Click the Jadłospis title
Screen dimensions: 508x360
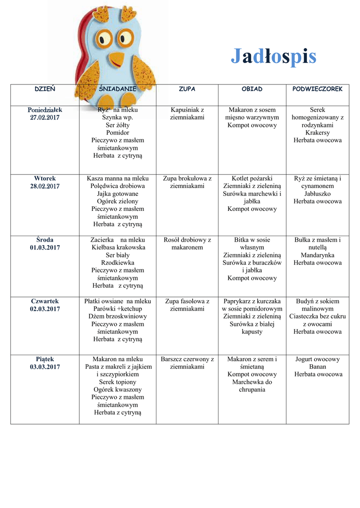coord(273,57)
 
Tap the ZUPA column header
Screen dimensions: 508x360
coord(187,89)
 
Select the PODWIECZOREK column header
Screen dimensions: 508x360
coord(317,89)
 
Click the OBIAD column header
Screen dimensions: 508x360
coord(252,89)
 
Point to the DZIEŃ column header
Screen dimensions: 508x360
coord(45,89)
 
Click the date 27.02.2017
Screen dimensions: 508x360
coord(45,118)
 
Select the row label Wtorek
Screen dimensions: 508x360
coord(45,179)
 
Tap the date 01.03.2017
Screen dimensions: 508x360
coord(45,248)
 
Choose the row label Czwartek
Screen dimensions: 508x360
coord(45,301)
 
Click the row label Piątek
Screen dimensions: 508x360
coord(45,359)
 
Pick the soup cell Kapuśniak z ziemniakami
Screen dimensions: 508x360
coord(187,114)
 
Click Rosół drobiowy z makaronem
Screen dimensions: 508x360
coord(187,244)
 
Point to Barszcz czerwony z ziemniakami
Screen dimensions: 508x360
coord(187,363)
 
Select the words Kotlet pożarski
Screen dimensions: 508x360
coord(252,179)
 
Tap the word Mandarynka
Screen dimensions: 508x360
coord(317,255)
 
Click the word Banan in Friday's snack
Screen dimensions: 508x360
coord(317,367)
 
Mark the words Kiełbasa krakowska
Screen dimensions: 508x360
coord(118,248)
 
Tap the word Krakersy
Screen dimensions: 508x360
coord(317,133)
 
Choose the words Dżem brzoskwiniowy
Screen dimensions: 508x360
coord(118,317)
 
